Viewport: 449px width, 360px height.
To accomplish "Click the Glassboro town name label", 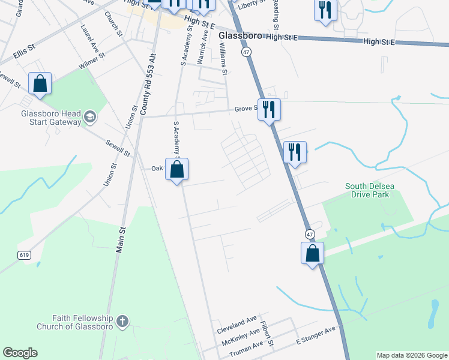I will pos(240,36).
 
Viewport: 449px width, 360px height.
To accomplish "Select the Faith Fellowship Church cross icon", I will pos(122,321).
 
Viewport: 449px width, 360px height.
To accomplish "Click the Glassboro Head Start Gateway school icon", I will pos(89,116).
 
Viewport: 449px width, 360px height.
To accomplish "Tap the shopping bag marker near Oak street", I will pos(177,170).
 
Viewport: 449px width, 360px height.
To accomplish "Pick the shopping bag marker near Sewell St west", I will pos(40,85).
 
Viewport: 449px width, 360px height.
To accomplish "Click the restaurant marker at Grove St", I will pos(269,110).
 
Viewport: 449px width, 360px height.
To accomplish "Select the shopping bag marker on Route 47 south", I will pos(313,254).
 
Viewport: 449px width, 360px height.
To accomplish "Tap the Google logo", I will pos(20,353).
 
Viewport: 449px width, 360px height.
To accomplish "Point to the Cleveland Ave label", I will pos(237,322).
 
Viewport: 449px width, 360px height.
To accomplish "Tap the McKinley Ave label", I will pos(240,336).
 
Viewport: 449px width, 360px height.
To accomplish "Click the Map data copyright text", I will pos(412,355).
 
